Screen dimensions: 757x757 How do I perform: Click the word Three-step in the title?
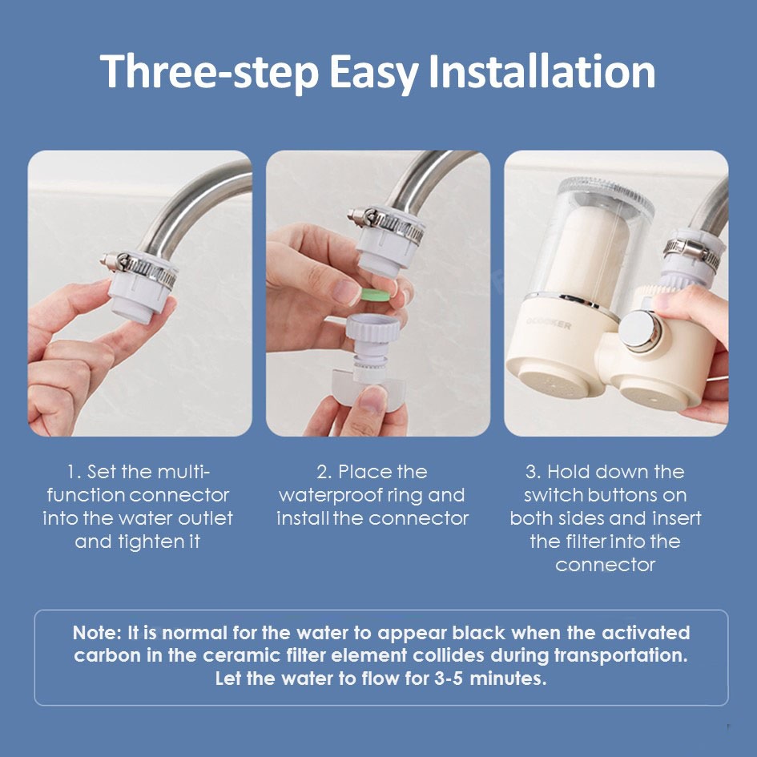209,72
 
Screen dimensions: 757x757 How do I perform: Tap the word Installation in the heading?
542,71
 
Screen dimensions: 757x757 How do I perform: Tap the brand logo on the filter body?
549,324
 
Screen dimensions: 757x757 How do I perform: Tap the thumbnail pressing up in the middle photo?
371,400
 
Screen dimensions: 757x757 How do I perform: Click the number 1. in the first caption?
74,472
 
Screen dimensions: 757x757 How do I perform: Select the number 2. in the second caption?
324,472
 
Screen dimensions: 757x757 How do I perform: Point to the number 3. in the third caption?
533,472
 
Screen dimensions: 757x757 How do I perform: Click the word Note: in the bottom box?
97,633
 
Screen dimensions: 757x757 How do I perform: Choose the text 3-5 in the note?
449,678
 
